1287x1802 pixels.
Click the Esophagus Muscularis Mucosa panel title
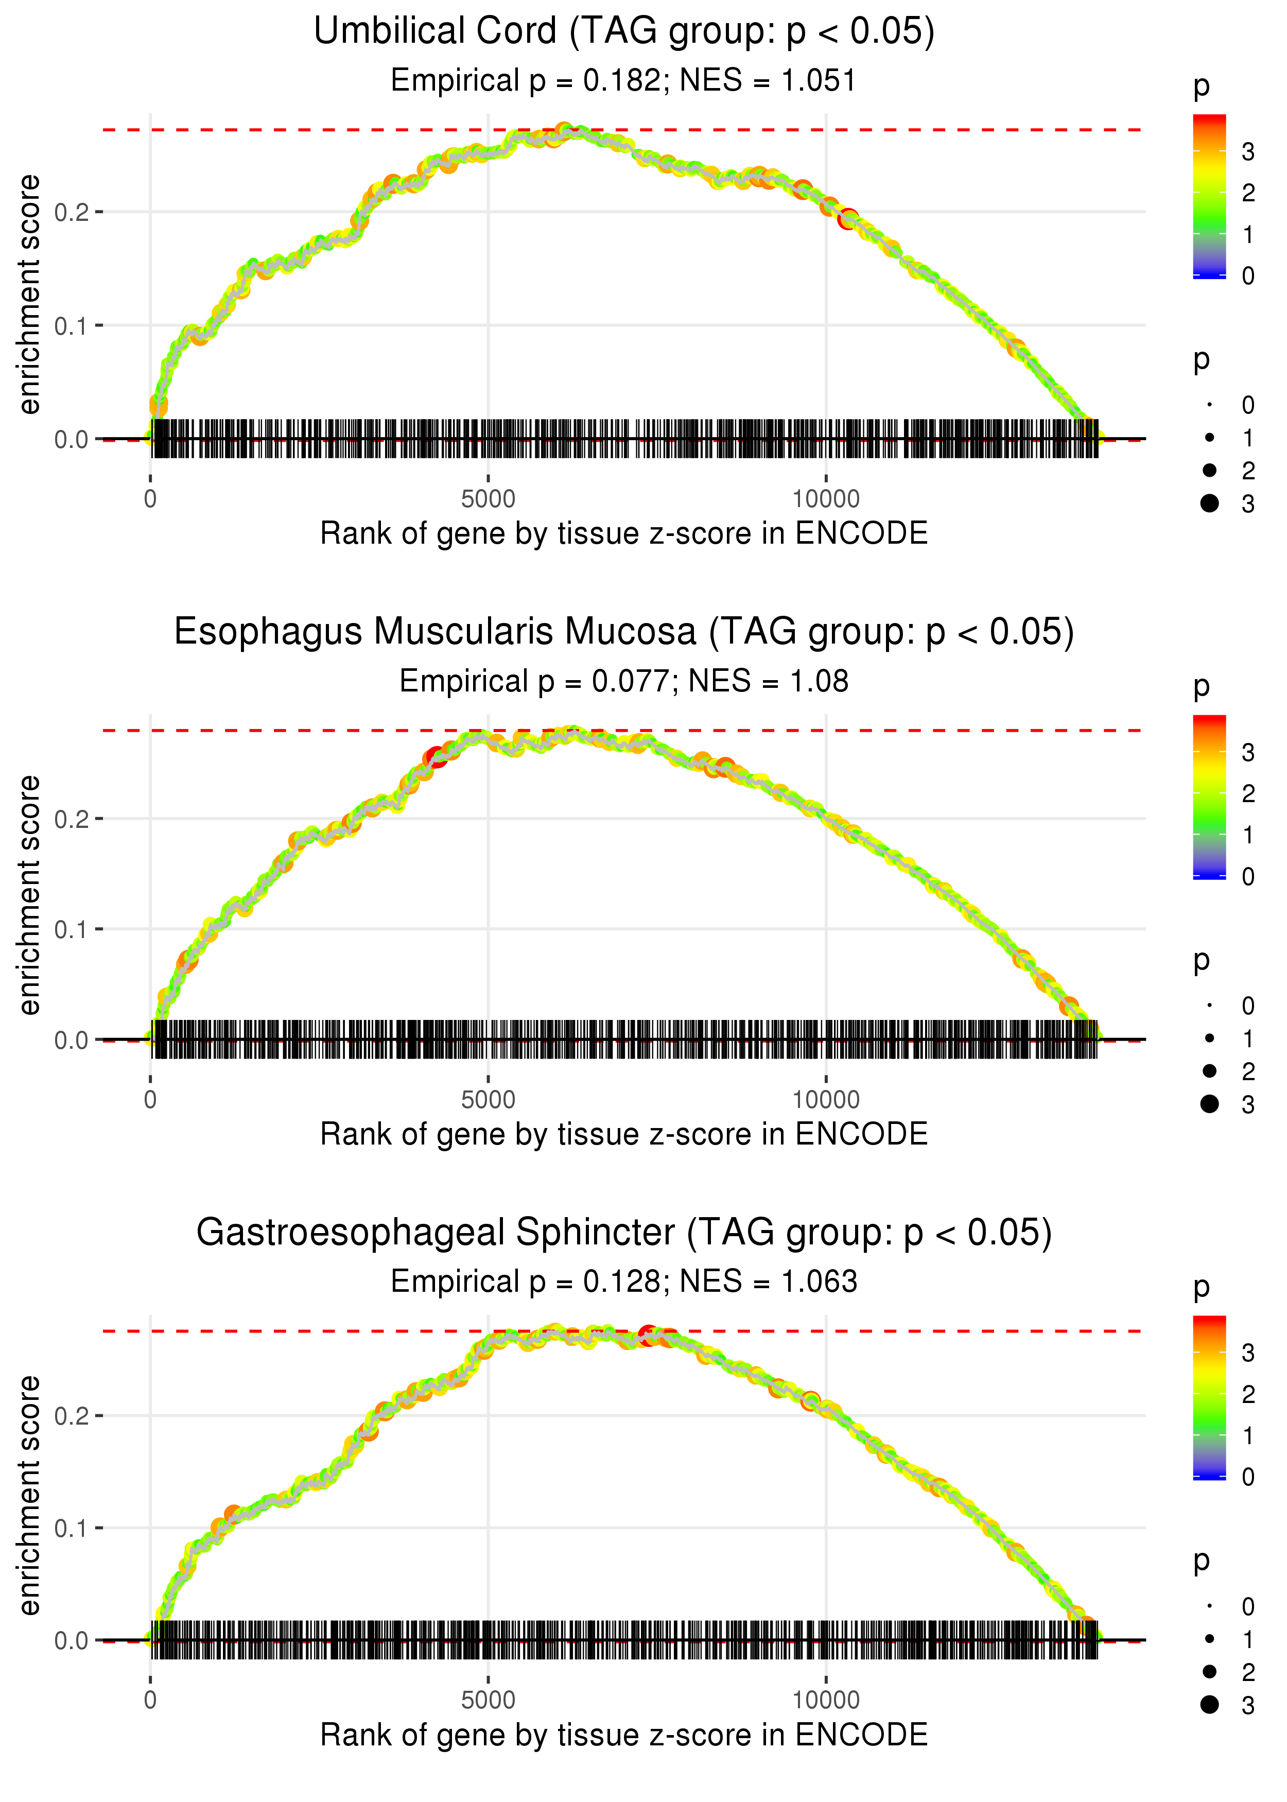624,632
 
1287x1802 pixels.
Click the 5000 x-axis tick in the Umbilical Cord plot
488,499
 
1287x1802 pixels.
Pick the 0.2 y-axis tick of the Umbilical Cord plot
72,212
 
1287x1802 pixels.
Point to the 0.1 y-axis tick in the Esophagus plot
72,929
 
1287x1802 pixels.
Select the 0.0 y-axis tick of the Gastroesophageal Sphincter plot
72,1640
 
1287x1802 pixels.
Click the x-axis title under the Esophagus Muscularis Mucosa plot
624,1134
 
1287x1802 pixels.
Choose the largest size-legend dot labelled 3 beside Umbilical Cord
1209,503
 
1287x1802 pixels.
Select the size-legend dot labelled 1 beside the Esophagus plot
1209,1038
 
